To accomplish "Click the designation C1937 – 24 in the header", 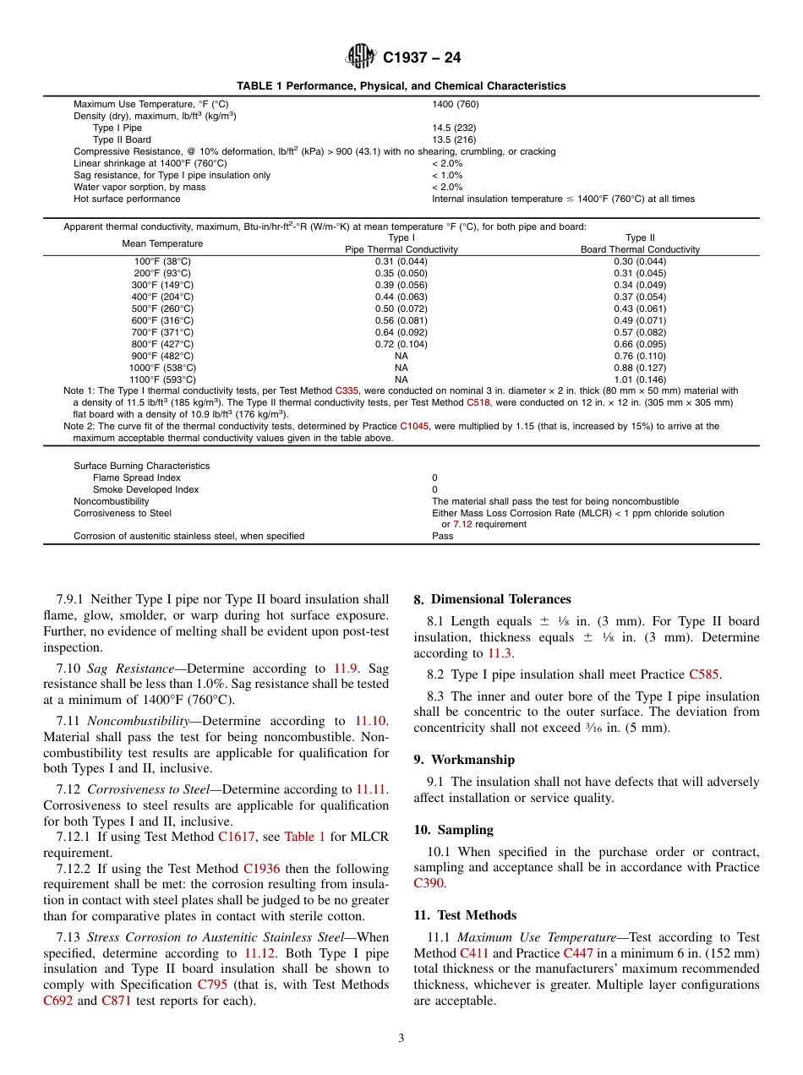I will point(422,58).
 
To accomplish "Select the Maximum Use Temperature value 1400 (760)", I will point(455,104).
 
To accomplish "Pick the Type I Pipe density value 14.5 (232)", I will point(454,128).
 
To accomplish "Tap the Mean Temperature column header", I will point(162,243).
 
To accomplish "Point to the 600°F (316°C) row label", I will point(162,320).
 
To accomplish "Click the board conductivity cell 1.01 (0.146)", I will point(640,379).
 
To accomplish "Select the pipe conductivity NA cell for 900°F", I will point(401,356).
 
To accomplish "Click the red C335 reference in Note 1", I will point(347,390).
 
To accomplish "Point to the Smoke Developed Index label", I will point(145,489).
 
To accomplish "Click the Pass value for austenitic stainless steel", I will point(442,536).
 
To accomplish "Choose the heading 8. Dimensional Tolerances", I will point(492,599).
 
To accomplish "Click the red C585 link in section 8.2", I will point(703,674).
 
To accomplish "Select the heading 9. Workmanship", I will point(464,760).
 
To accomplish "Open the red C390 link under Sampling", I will point(428,883).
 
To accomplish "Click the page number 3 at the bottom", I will point(401,1039).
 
